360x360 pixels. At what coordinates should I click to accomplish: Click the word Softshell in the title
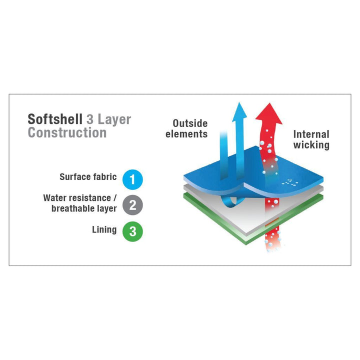click(55, 119)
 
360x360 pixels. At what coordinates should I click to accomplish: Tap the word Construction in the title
click(67, 132)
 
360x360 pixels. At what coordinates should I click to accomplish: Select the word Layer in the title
click(114, 120)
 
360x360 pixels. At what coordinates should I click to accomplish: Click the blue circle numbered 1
click(132, 179)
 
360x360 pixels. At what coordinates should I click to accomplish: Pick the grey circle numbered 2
click(132, 205)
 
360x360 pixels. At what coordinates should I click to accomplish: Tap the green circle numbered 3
click(132, 231)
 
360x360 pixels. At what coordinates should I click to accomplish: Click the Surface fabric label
click(88, 177)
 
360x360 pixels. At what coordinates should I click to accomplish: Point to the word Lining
click(104, 230)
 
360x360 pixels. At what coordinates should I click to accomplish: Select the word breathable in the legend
click(71, 208)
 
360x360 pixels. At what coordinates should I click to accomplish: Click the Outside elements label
click(186, 128)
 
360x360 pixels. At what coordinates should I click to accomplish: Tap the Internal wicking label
click(311, 139)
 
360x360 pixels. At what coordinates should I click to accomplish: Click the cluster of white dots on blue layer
click(290, 182)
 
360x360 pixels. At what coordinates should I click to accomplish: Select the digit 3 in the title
click(90, 119)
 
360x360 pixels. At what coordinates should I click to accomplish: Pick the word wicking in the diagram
click(311, 145)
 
